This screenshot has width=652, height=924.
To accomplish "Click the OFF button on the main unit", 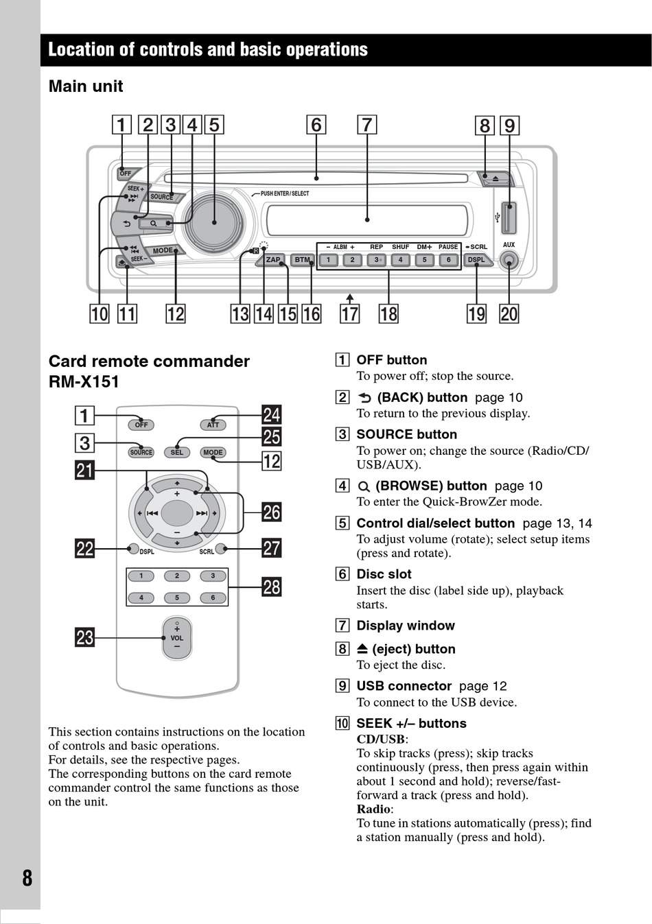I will point(126,174).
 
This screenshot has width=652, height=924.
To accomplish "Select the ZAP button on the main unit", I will point(273,260).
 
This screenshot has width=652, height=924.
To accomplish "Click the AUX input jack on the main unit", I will point(509,260).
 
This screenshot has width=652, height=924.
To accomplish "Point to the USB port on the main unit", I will point(509,218).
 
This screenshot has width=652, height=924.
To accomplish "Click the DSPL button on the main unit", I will point(476,260).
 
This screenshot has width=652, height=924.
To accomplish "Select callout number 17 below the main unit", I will point(350,314).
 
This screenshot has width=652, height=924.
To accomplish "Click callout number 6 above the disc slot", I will point(316,125).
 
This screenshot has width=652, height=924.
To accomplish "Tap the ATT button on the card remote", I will point(213,425).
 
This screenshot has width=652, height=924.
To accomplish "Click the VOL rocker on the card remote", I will point(177,638).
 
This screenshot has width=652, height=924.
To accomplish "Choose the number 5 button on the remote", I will point(177,597).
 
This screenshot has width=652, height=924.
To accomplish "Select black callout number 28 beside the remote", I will point(272,587).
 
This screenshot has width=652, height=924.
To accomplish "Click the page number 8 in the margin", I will point(27,878).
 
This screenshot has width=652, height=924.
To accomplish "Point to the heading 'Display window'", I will point(405,626).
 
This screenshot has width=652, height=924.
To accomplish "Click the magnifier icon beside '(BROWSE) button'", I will point(364,486).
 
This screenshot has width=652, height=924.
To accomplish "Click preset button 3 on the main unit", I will point(376,260).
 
